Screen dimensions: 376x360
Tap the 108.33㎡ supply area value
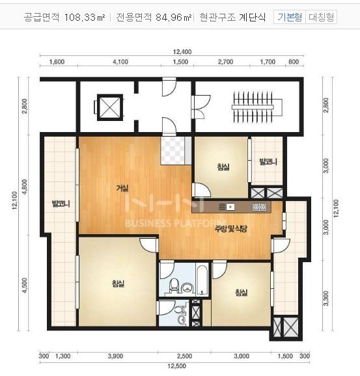tap(85, 18)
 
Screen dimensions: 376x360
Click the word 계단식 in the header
tap(252, 18)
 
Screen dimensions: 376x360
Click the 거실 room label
tap(122, 188)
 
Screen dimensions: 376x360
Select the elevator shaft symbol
tap(107, 106)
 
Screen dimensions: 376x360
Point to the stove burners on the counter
tap(258, 207)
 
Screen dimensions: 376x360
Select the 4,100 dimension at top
tap(120, 62)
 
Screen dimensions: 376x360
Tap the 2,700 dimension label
tap(225, 62)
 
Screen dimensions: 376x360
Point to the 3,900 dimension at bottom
tap(115, 356)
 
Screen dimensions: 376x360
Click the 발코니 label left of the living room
tap(61, 204)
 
